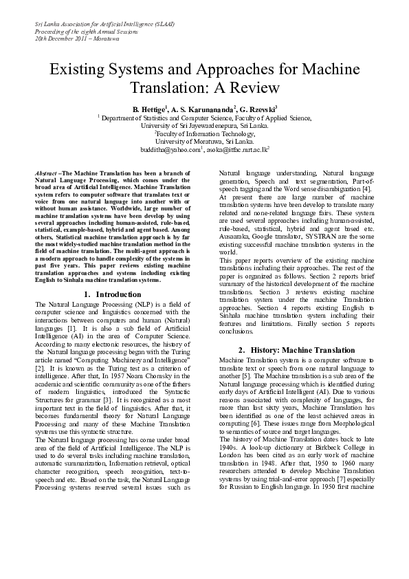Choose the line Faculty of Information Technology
point(205,133)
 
